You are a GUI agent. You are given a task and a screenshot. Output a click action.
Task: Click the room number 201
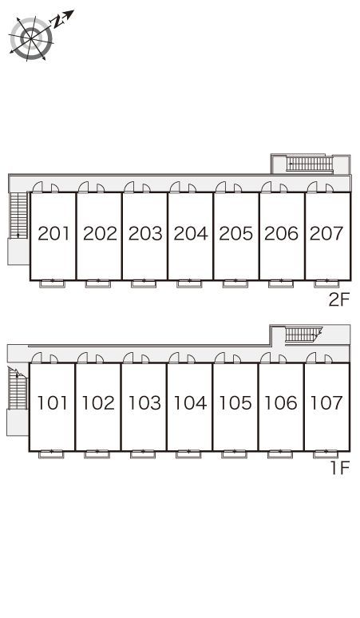pyautogui.click(x=53, y=233)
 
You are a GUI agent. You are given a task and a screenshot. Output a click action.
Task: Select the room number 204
pyautogui.click(x=191, y=233)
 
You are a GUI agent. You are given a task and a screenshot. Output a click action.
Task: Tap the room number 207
pyautogui.click(x=326, y=233)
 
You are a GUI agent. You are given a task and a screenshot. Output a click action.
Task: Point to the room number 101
pyautogui.click(x=53, y=402)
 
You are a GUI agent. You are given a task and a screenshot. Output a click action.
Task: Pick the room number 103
pyautogui.click(x=145, y=402)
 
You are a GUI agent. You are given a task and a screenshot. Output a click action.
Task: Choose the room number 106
pyautogui.click(x=281, y=402)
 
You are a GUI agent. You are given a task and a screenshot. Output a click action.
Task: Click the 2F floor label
pyautogui.click(x=339, y=300)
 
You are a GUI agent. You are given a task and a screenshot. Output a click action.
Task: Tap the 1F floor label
pyautogui.click(x=340, y=468)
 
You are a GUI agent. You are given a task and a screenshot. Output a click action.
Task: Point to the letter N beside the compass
pyautogui.click(x=58, y=22)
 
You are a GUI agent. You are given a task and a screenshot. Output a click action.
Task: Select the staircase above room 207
pyautogui.click(x=310, y=164)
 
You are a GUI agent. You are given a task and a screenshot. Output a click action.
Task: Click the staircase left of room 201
pyautogui.click(x=18, y=216)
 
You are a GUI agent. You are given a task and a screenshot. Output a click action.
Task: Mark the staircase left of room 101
pyautogui.click(x=18, y=389)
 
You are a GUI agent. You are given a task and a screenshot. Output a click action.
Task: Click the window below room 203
pyautogui.click(x=144, y=283)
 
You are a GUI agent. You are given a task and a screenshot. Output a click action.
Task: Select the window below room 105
pyautogui.click(x=235, y=454)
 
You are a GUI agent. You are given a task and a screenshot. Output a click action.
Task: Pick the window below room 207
pyautogui.click(x=327, y=283)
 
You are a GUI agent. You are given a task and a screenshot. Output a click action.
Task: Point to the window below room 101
pyautogui.click(x=51, y=454)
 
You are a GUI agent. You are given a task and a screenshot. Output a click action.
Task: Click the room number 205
pyautogui.click(x=236, y=233)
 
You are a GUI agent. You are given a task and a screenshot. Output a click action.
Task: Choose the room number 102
pyautogui.click(x=98, y=402)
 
